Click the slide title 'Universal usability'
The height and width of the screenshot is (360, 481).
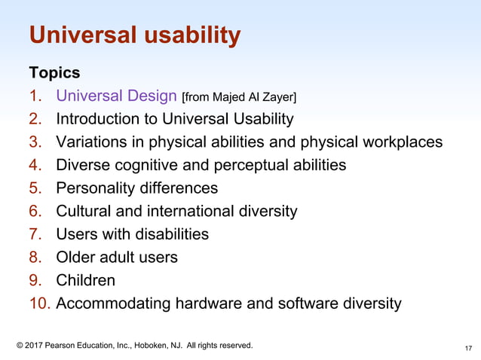point(134,35)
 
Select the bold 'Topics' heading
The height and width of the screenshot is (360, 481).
point(54,73)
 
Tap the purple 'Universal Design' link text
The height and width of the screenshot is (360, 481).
point(116,96)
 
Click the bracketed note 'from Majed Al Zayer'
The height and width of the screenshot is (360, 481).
point(239,97)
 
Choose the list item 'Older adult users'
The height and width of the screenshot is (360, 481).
point(117,258)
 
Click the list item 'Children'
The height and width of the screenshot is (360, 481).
point(86,281)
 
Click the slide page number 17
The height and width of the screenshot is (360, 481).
point(468,348)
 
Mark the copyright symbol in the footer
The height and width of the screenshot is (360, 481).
point(20,346)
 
